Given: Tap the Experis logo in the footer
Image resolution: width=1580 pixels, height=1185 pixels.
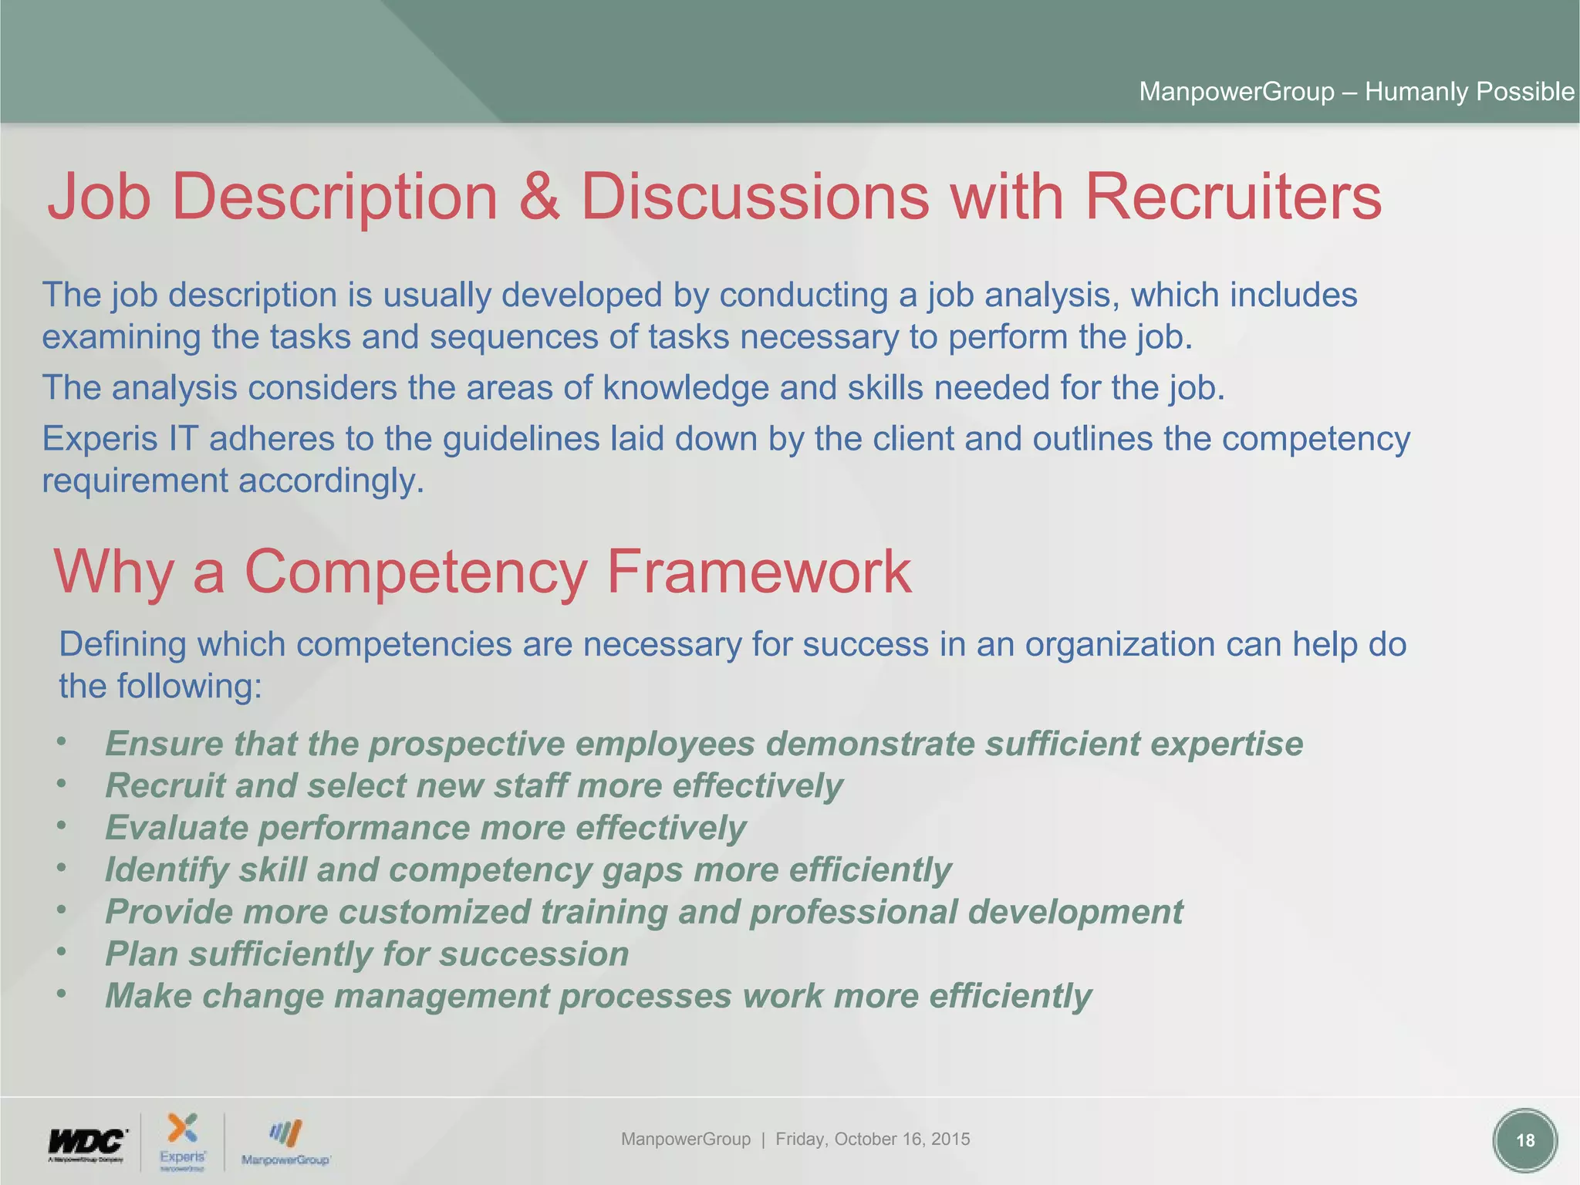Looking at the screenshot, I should coord(183,1140).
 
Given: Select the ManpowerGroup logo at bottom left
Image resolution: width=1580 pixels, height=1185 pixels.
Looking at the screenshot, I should coord(285,1143).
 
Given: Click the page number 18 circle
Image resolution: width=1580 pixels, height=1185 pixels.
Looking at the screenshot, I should coord(1524,1140).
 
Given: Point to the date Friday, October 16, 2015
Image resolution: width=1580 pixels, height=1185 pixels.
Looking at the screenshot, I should coord(873,1139).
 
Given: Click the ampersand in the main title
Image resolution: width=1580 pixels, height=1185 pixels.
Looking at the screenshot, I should coord(538,197).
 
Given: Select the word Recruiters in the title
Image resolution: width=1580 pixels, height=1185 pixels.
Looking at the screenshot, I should coord(1233,197).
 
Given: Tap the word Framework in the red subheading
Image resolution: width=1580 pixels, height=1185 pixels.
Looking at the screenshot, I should coord(758,572).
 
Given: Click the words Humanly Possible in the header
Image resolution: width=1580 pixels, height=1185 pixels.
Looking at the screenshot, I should coord(1469,92).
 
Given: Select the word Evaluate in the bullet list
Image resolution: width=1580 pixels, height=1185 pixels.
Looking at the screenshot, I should coord(177,828).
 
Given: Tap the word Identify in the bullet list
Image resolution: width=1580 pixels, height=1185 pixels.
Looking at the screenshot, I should coord(167,870).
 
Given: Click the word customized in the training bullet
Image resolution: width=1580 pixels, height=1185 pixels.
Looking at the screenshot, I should coord(434,912).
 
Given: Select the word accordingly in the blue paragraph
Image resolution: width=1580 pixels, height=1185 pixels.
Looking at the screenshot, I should coord(331,481).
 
